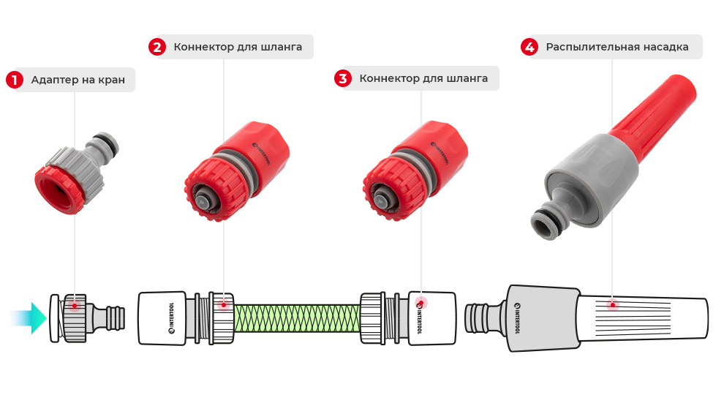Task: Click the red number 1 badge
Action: coord(15,80)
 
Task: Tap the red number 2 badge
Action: coord(157,48)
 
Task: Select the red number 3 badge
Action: coord(343,78)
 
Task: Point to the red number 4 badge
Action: coord(529,48)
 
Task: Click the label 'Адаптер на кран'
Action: coord(78,80)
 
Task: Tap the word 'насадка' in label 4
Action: coord(663,48)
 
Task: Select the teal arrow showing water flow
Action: coord(29,318)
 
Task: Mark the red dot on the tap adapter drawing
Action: coord(74,305)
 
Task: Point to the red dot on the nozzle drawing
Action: coord(613,305)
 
